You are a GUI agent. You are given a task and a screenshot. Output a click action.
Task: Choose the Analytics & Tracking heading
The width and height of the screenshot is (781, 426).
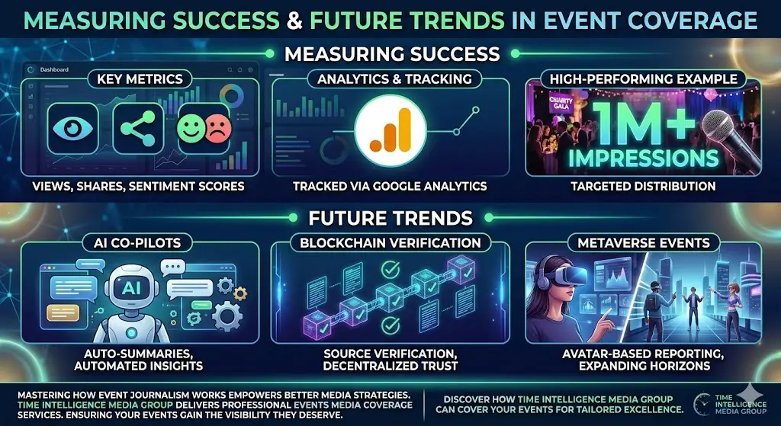394,78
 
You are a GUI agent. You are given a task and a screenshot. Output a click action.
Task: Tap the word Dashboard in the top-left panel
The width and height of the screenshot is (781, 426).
54,69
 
